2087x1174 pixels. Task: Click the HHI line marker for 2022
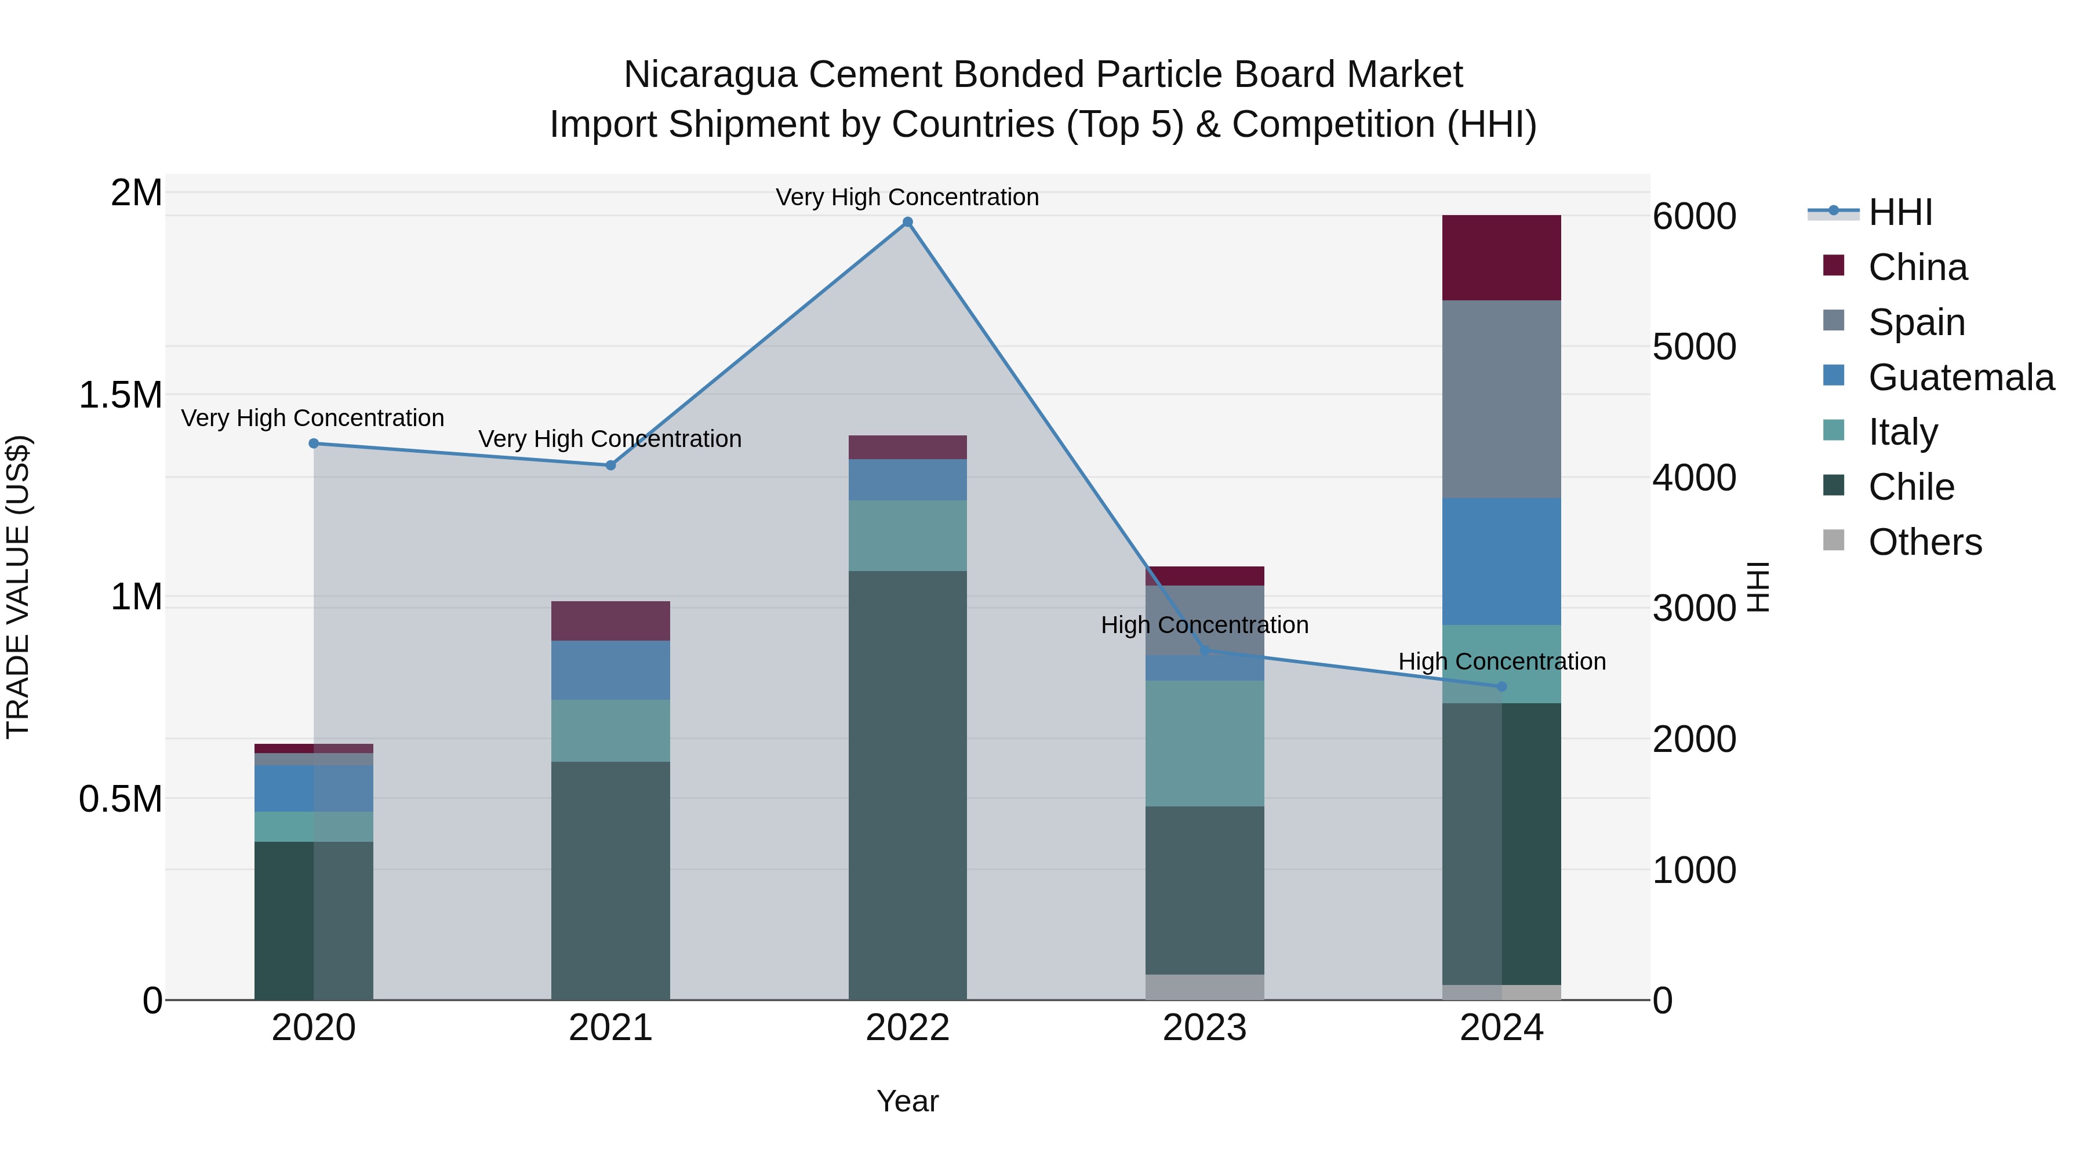pyautogui.click(x=907, y=222)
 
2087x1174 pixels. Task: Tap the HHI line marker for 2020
pyautogui.click(x=314, y=443)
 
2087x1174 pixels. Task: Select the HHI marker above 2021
pyautogui.click(x=611, y=465)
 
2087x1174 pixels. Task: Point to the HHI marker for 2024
pyautogui.click(x=1501, y=686)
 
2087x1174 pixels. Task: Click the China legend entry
pyautogui.click(x=1917, y=267)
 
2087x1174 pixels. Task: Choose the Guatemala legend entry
pyautogui.click(x=1961, y=377)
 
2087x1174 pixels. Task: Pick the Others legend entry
pyautogui.click(x=1924, y=542)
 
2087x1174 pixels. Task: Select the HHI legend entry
pyautogui.click(x=1900, y=212)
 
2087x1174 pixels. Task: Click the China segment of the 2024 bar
pyautogui.click(x=1501, y=257)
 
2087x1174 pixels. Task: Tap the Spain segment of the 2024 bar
pyautogui.click(x=1501, y=399)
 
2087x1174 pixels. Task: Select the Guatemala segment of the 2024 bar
pyautogui.click(x=1501, y=561)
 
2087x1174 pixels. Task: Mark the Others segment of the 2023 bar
pyautogui.click(x=1205, y=986)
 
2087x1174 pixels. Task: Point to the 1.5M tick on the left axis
pyautogui.click(x=120, y=395)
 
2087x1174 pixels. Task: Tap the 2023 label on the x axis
pyautogui.click(x=1205, y=1028)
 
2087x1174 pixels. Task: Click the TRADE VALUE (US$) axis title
pyautogui.click(x=18, y=587)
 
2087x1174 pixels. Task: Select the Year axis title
pyautogui.click(x=907, y=1101)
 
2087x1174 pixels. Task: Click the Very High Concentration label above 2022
pyautogui.click(x=907, y=197)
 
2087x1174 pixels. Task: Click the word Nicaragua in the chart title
pyautogui.click(x=711, y=75)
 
